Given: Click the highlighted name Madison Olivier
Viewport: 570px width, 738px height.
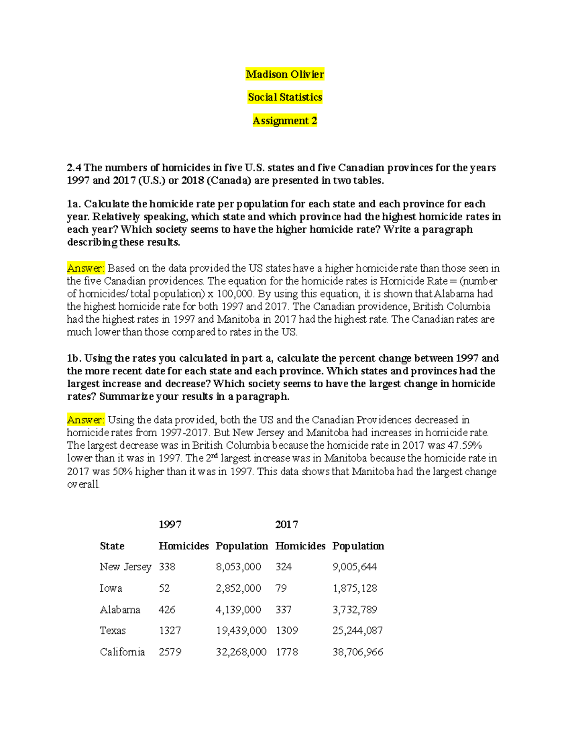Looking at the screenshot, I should tap(285, 74).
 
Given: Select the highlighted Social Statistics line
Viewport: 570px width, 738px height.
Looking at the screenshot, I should tap(285, 97).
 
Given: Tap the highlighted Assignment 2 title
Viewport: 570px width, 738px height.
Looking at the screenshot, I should tap(285, 121).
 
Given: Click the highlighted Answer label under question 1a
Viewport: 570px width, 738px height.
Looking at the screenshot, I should tap(85, 268).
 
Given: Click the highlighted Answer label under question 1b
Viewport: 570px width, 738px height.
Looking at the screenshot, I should tap(85, 420).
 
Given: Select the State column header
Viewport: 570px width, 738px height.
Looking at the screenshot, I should tap(112, 546).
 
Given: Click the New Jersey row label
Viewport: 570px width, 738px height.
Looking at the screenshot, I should tap(125, 567).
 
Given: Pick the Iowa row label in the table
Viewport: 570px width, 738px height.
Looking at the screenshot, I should tap(111, 588).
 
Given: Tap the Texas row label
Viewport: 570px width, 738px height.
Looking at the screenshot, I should tap(113, 631).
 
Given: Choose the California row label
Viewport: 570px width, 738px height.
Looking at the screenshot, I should tap(122, 652).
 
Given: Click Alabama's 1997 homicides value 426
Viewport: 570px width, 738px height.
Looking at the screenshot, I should tap(167, 610).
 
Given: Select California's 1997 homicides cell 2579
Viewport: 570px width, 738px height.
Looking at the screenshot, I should tap(170, 652).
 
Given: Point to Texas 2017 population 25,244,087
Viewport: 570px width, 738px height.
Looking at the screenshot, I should tap(357, 631).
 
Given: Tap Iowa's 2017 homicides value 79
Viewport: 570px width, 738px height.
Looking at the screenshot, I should tap(281, 588).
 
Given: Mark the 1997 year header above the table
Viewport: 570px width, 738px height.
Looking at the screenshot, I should tap(170, 525).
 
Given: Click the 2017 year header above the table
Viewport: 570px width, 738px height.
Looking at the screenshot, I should tap(286, 525).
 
